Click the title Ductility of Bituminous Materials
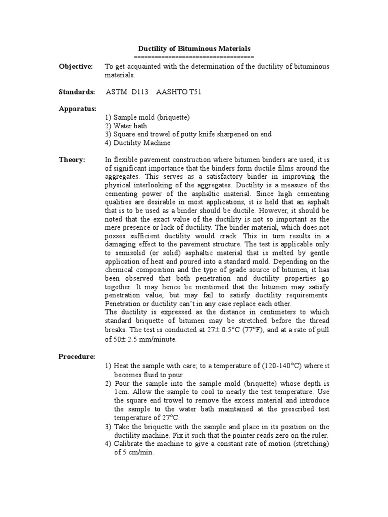[x=195, y=49]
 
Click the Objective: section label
[x=76, y=67]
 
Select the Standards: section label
[x=77, y=92]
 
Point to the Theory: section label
[x=72, y=160]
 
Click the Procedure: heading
[x=77, y=356]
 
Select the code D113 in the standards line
[x=140, y=92]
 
